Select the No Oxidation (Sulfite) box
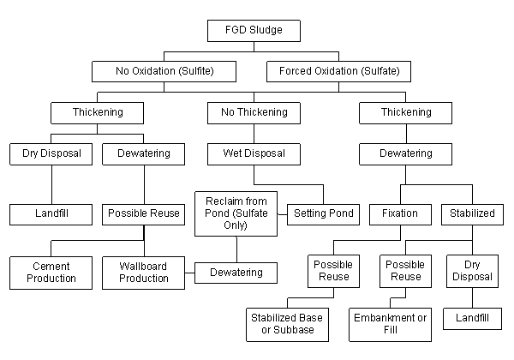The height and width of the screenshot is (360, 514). coord(164,70)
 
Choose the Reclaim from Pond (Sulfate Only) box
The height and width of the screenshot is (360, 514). coord(237,213)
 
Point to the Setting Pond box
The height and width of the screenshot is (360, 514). coord(325,213)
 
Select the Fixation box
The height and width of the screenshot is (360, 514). coord(401,213)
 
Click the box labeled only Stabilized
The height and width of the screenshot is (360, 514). coord(472,213)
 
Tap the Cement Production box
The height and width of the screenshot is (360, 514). coord(51,272)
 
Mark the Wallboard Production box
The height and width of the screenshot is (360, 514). coord(144,272)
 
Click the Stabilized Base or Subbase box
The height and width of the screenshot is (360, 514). coord(287,324)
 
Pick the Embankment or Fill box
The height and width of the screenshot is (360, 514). coord(390,324)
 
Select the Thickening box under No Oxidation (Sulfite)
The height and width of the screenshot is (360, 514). coord(97,112)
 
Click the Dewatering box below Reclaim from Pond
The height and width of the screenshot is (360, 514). coord(236,273)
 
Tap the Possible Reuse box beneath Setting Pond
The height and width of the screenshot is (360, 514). coord(333,271)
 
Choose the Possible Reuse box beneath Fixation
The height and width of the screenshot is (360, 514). coord(405,271)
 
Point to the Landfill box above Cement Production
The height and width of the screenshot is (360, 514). coord(51,213)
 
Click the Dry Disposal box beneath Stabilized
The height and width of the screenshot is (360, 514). coord(472,271)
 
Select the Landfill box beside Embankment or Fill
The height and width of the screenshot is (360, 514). coord(472,318)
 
